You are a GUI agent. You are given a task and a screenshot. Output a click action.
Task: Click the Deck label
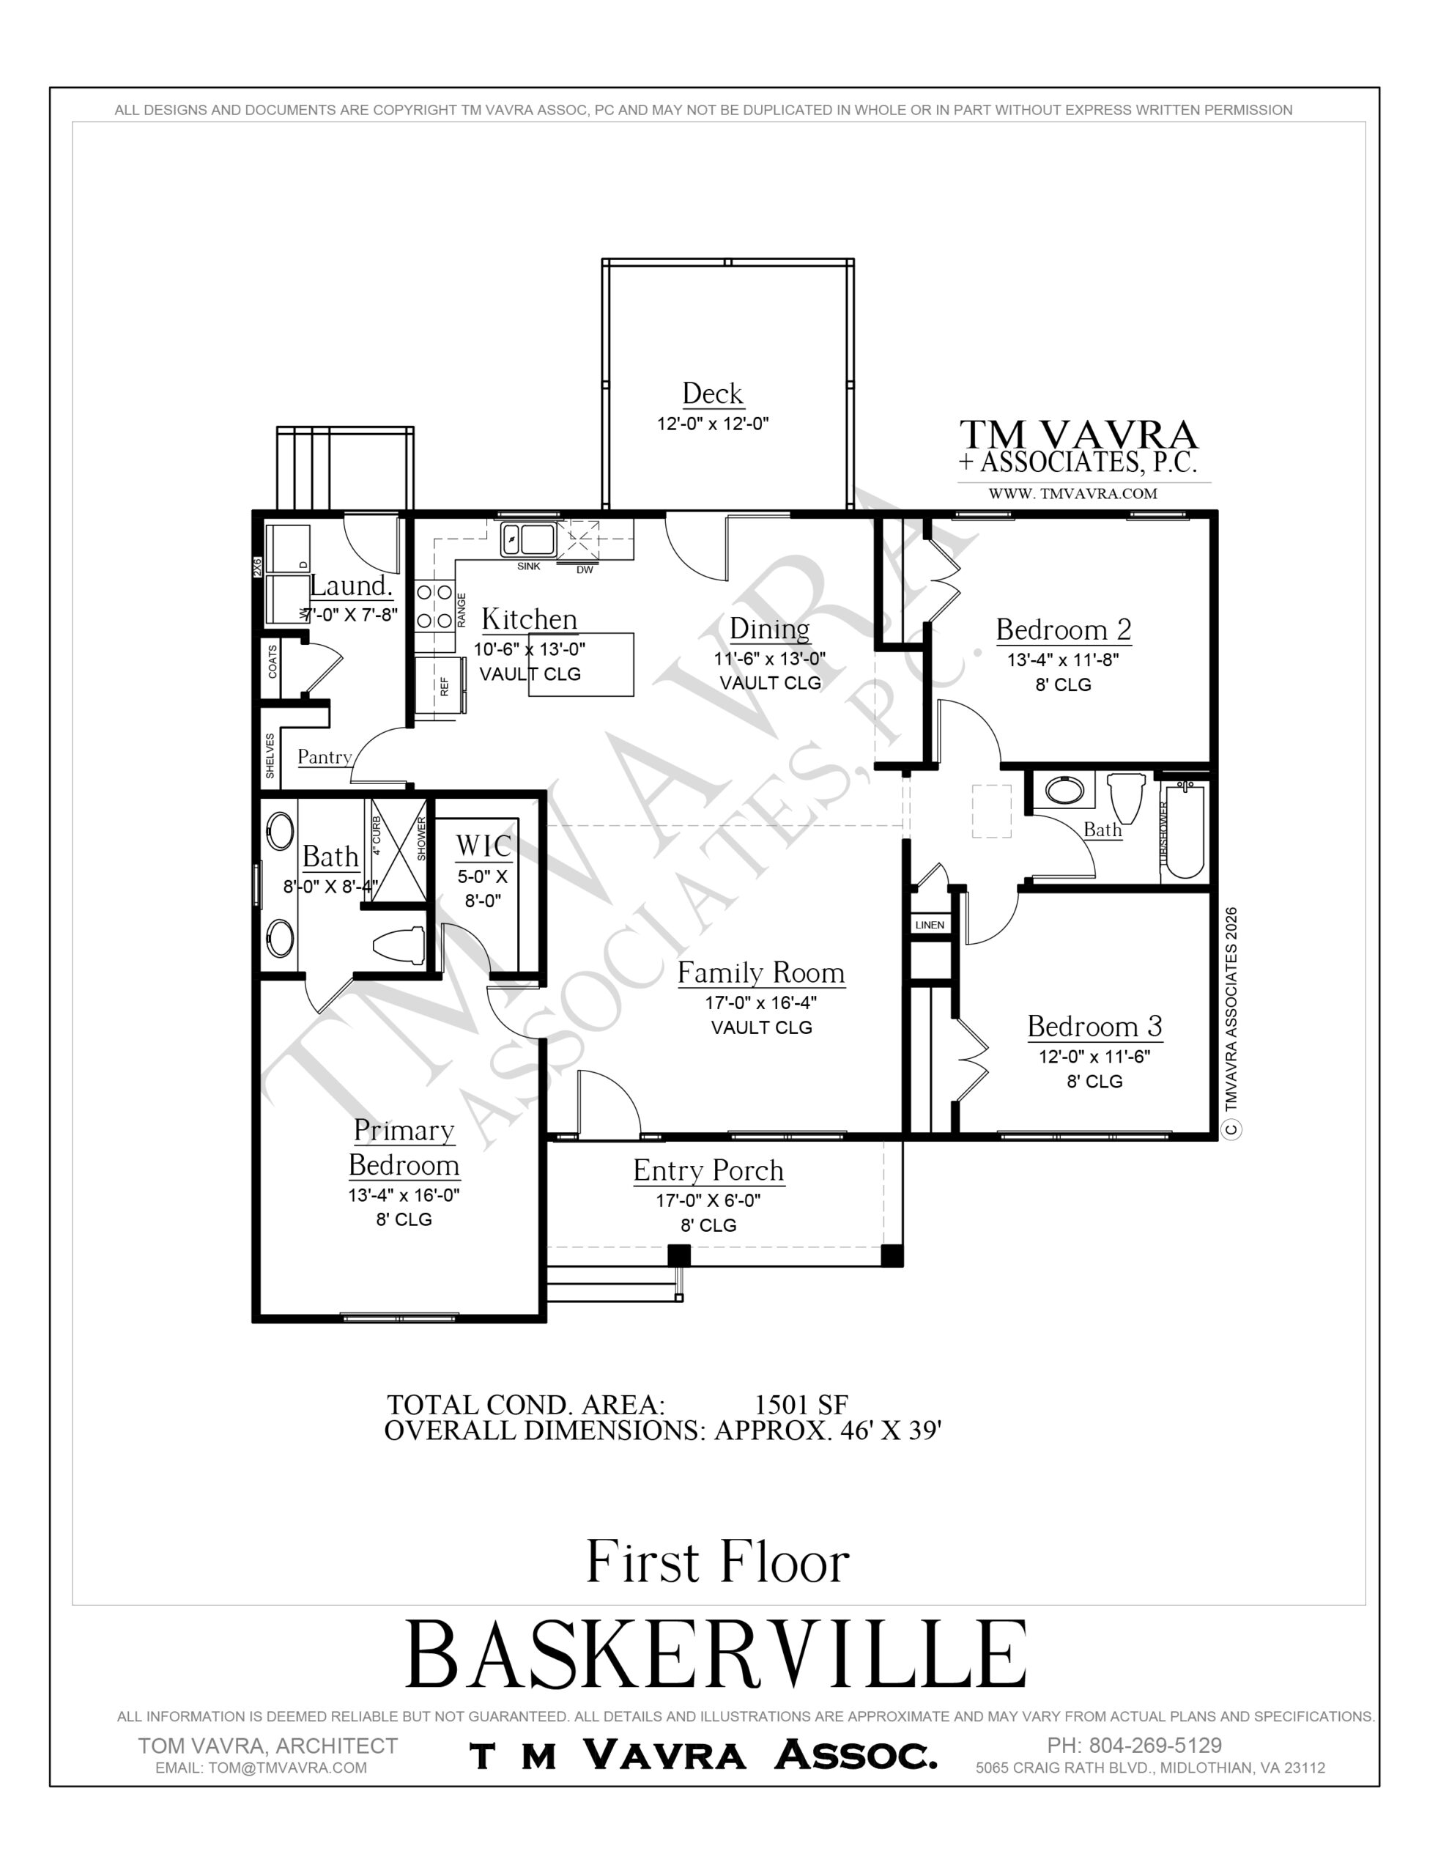click(712, 394)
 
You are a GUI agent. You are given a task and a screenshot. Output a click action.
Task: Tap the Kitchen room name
click(529, 618)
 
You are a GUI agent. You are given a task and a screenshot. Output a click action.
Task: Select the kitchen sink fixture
click(529, 539)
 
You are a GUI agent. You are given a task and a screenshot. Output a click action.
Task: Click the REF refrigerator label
click(445, 685)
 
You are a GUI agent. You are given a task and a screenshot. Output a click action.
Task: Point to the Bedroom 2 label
click(1064, 629)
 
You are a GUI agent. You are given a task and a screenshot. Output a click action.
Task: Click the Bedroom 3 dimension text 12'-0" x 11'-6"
click(1094, 1057)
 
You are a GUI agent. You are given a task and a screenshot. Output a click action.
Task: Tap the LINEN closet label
click(930, 925)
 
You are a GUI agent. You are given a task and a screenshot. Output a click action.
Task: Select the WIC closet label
click(483, 846)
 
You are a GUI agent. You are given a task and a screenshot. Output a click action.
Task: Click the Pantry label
click(325, 757)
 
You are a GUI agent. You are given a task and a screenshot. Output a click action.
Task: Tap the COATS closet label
click(273, 662)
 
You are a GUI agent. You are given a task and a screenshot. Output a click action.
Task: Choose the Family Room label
click(761, 972)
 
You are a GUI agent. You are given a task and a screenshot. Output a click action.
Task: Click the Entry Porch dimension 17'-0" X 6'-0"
click(708, 1200)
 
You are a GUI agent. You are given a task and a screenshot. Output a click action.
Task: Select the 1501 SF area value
click(801, 1404)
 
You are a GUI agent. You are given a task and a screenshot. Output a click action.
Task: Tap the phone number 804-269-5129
click(1155, 1746)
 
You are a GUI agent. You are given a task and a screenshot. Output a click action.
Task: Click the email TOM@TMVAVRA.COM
click(287, 1768)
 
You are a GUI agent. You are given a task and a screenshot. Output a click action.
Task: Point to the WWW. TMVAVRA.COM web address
click(1072, 494)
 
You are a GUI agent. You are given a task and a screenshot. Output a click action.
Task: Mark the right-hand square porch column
click(892, 1256)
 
